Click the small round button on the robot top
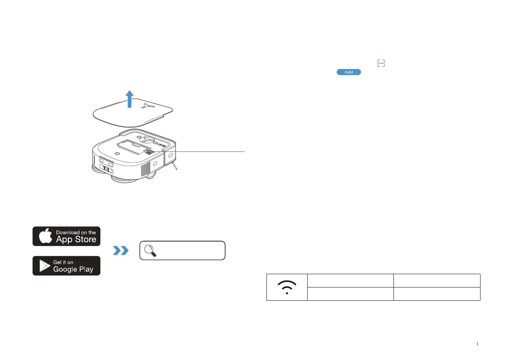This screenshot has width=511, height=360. [x=117, y=152]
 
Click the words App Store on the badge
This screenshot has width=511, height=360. [x=76, y=239]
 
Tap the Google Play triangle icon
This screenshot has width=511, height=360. [x=44, y=266]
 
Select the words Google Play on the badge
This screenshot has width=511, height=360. [x=73, y=269]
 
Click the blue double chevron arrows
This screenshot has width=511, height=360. [x=121, y=251]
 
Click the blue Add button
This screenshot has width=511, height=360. [x=349, y=72]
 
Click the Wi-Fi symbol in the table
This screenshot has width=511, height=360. [x=287, y=287]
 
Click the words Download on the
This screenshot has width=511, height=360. [x=76, y=232]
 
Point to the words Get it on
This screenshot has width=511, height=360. [x=63, y=262]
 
